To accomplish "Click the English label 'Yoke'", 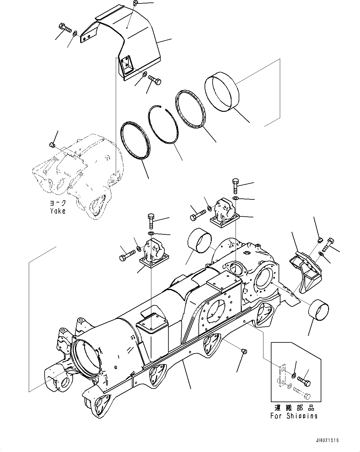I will click(x=58, y=211).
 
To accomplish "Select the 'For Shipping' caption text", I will click(x=293, y=416).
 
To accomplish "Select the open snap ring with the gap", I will click(x=164, y=124).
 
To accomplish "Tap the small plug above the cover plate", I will click(x=135, y=3).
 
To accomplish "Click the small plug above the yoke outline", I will click(x=52, y=144).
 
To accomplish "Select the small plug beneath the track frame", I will click(x=243, y=351).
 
